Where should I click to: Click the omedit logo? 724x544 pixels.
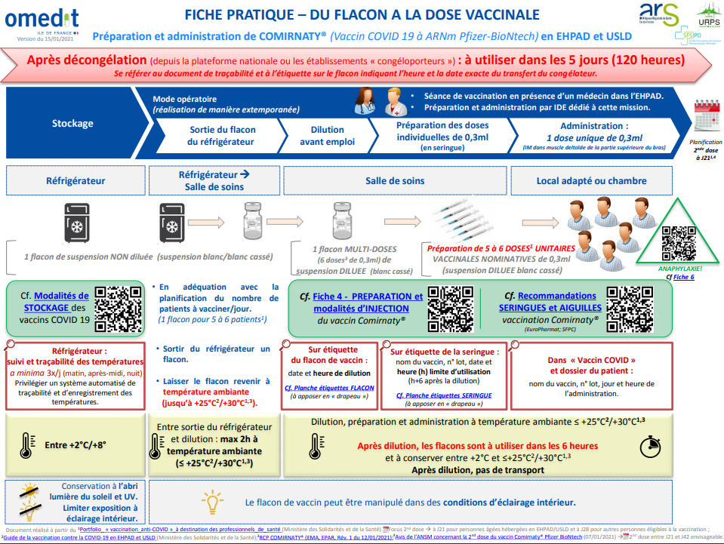tap(42, 18)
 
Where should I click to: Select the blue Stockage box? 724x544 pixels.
tap(72, 124)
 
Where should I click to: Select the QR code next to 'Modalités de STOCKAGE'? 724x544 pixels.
tap(119, 307)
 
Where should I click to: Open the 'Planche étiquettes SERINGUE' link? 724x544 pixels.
tap(444, 395)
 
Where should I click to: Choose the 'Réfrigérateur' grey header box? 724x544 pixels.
tap(75, 181)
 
